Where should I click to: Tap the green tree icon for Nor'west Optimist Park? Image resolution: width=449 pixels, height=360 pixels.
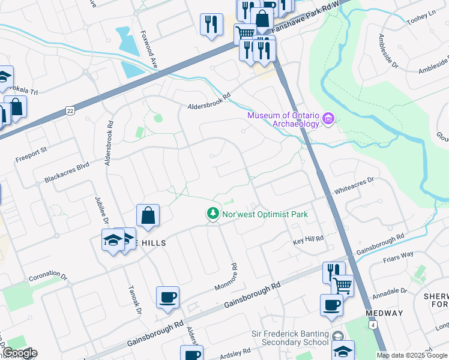(212, 213)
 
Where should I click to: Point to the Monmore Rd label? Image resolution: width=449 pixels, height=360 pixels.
(227, 276)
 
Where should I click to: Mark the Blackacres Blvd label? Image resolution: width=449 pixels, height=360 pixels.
(66, 172)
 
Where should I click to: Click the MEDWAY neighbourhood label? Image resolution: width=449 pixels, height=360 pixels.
(384, 314)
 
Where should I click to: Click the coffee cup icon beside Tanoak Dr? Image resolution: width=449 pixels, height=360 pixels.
(167, 297)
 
